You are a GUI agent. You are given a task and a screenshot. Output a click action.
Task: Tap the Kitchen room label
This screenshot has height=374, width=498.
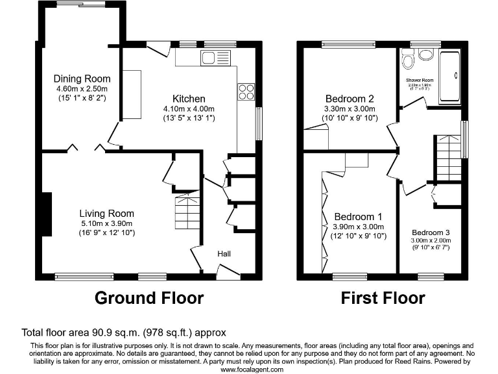tap(189, 99)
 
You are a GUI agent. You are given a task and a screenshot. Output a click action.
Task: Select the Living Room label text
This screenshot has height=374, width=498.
tap(106, 213)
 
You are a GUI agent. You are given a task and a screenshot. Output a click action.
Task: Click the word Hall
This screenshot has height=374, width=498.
tap(224, 254)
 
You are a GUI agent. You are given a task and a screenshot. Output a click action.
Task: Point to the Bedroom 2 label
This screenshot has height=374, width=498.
tap(350, 99)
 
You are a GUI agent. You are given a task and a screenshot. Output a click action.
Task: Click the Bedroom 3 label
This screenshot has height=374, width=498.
tap(430, 232)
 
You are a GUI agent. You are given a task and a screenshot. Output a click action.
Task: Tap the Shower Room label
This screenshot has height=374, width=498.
tap(419, 80)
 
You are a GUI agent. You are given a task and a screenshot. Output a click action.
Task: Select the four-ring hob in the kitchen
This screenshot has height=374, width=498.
tap(246, 92)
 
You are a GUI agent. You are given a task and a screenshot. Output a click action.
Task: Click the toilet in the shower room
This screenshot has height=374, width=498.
tap(409, 61)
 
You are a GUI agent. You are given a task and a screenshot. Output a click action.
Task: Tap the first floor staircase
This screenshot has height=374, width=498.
tap(447, 158)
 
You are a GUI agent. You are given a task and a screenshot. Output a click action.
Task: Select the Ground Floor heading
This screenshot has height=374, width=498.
tap(148, 298)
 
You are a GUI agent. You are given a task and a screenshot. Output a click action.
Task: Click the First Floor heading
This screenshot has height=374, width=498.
tap(383, 298)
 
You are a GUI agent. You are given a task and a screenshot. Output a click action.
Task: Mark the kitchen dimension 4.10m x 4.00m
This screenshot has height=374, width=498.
tap(189, 109)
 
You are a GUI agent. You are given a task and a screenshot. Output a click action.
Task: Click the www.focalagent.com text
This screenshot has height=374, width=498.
tap(252, 369)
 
